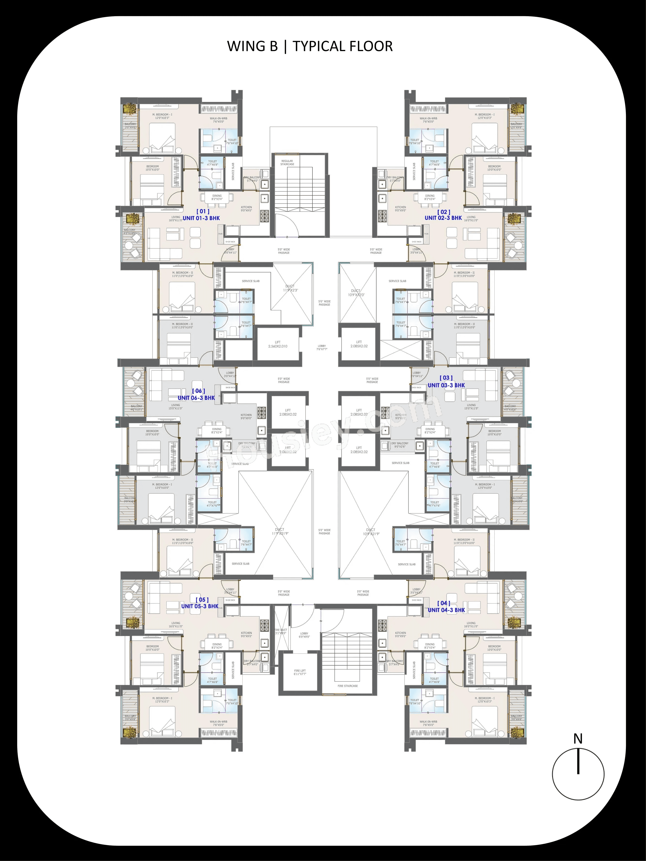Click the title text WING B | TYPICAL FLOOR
(310, 46)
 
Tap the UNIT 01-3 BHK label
(201, 218)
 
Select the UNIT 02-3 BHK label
(443, 218)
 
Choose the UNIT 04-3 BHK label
(446, 610)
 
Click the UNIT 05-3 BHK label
(200, 606)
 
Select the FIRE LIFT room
(300, 672)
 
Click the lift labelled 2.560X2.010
(278, 344)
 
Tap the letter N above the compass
(578, 738)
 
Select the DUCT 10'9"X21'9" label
(371, 532)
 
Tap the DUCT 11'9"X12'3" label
(290, 288)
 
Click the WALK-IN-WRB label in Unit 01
(218, 120)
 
